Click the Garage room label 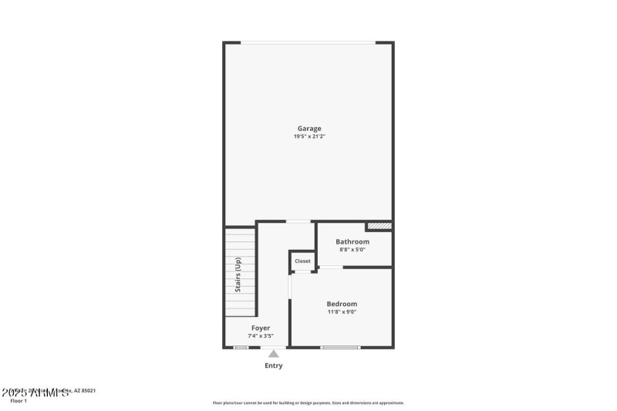309,129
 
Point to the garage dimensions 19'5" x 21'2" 309,136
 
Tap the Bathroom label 352,241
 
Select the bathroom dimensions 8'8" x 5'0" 352,250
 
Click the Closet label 302,261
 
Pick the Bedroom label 342,304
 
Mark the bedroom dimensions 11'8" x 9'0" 342,312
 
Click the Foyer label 261,328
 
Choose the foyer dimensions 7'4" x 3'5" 261,336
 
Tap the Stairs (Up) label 239,274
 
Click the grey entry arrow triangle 273,354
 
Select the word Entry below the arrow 273,366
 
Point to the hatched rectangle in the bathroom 379,226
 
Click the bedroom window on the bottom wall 340,348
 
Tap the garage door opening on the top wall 308,42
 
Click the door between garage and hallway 298,222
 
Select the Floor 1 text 18,401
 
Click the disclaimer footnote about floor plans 308,403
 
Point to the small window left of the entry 241,348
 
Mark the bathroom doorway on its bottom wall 331,268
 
